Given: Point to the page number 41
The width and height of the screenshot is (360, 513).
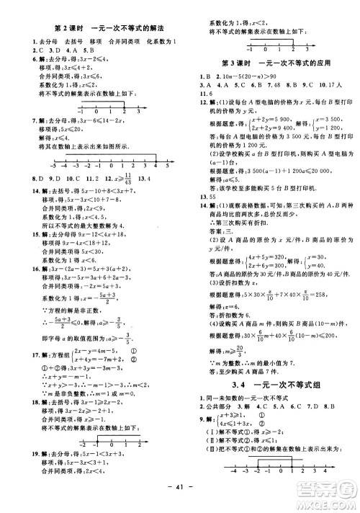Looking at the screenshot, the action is click(x=180, y=501).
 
